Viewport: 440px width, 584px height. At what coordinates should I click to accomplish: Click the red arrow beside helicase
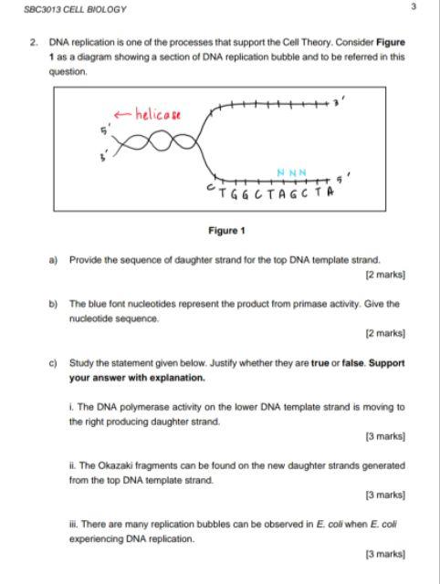coord(122,114)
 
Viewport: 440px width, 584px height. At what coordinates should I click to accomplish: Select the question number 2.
coord(33,42)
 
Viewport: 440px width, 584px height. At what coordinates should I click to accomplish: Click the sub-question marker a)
coord(56,259)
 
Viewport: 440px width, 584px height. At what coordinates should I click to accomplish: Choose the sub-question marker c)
coord(56,362)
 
